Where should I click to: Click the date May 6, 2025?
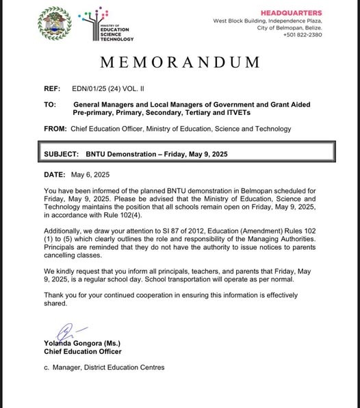coord(91,176)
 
